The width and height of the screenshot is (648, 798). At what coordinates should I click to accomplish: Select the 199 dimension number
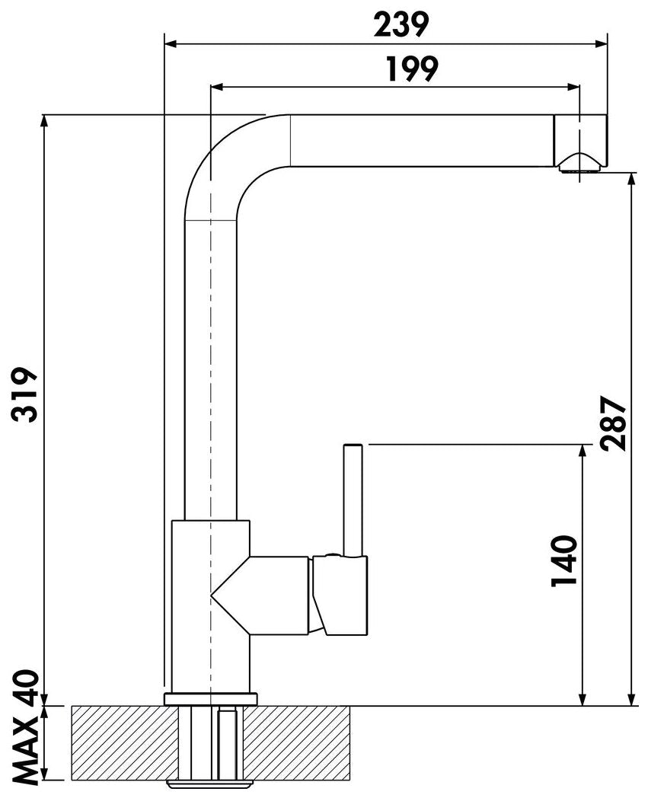(410, 69)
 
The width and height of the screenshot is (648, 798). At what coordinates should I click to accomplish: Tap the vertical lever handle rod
(353, 499)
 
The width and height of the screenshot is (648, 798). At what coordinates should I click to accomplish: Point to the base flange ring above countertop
(210, 698)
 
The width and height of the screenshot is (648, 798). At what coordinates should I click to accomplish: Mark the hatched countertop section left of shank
(126, 742)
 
